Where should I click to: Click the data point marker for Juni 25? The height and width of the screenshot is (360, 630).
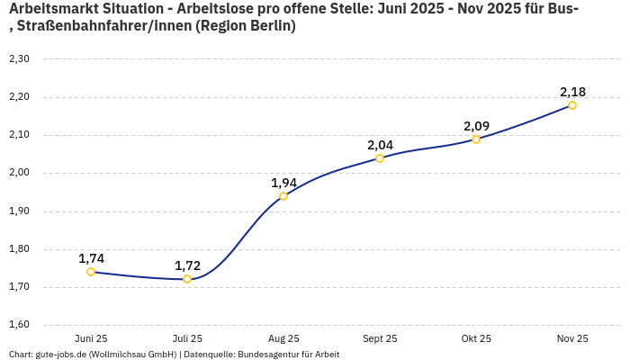click(91, 272)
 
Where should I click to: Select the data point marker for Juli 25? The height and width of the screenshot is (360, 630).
click(187, 279)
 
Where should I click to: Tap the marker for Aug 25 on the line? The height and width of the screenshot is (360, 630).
click(283, 196)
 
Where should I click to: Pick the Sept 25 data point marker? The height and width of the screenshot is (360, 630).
click(380, 158)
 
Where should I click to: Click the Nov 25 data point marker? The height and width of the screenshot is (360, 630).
click(572, 105)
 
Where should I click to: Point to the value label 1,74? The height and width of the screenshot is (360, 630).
click(91, 258)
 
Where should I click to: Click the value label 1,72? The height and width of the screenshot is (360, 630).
click(187, 265)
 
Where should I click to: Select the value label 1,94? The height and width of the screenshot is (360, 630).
click(283, 183)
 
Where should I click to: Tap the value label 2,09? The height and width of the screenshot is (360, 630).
click(476, 126)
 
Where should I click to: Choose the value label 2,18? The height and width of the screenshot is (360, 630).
click(572, 92)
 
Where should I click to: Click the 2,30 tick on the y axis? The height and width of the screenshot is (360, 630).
click(19, 59)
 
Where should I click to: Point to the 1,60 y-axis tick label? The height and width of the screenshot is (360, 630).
click(19, 325)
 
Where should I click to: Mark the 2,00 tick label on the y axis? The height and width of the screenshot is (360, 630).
click(19, 173)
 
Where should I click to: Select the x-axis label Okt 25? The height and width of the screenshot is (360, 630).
click(476, 338)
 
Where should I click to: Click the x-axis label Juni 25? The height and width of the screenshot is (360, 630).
click(91, 338)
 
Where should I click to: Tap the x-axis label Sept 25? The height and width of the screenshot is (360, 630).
click(380, 338)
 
